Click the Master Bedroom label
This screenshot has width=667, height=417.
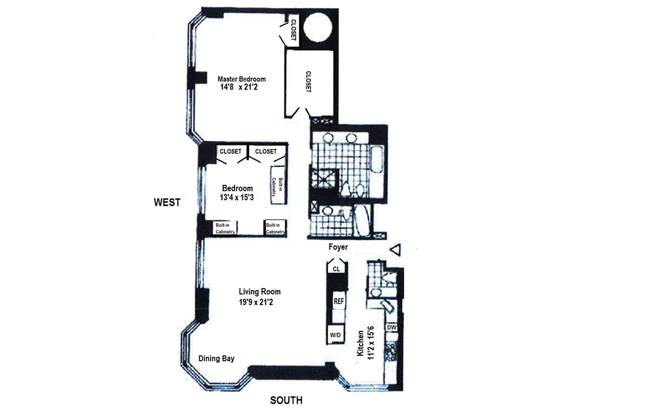(x=241, y=79)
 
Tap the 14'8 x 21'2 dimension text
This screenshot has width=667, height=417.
(x=239, y=88)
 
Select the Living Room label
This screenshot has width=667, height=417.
(x=260, y=292)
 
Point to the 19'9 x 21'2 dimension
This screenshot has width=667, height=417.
(x=260, y=301)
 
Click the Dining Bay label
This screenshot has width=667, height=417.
(x=216, y=359)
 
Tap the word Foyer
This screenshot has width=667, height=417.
(x=338, y=247)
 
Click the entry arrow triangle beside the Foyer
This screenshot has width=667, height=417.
(x=396, y=250)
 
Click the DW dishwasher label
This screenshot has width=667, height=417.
(x=392, y=327)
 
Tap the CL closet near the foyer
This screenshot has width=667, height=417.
(x=337, y=269)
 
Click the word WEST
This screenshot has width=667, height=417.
(x=167, y=202)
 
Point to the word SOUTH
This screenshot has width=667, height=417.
(x=286, y=400)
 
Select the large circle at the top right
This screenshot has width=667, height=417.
(x=318, y=28)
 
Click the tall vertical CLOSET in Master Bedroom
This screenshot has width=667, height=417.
(x=308, y=82)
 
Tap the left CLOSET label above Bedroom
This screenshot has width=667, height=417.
(x=230, y=152)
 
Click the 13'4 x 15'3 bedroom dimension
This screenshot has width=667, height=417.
(x=237, y=197)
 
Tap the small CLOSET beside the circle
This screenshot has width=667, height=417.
(x=293, y=30)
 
